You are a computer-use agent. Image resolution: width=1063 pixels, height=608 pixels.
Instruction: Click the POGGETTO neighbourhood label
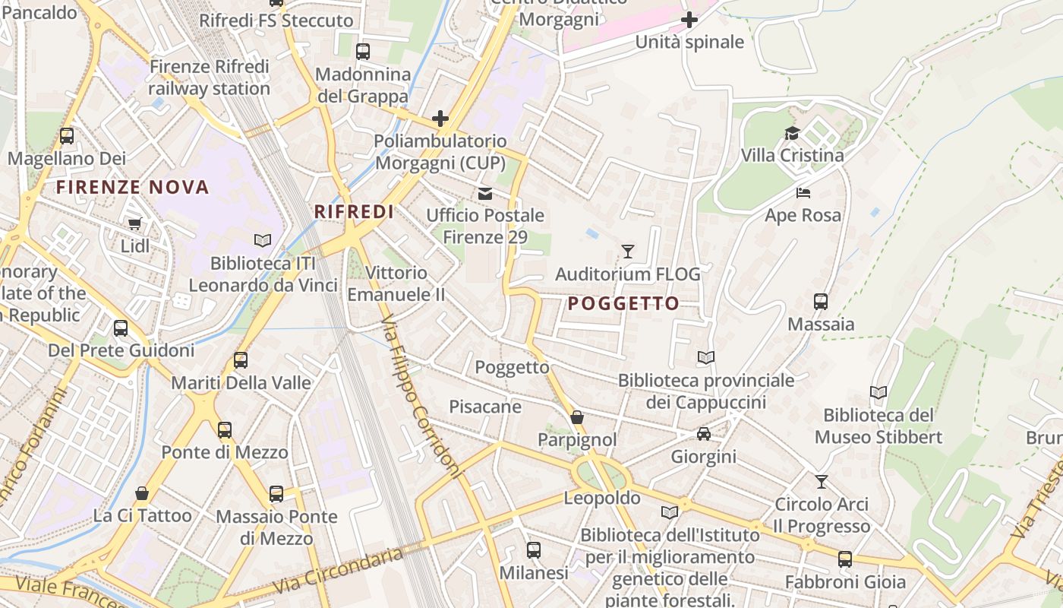624,304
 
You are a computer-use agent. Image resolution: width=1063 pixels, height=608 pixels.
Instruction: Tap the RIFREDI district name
354,212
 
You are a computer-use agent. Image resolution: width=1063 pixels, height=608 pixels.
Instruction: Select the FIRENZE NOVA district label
133,187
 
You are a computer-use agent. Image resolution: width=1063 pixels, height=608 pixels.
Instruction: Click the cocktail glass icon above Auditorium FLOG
627,251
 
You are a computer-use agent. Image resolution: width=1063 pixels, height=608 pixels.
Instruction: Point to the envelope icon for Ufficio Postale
484,193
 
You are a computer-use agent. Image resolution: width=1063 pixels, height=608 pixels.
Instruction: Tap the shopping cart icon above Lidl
134,223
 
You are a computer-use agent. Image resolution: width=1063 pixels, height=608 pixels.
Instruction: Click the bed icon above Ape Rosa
803,193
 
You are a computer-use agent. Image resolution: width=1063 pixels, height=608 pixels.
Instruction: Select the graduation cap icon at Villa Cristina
792,134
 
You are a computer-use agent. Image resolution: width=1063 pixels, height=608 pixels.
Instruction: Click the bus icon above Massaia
821,302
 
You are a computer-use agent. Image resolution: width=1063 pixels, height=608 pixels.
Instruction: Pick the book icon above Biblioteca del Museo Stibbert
878,393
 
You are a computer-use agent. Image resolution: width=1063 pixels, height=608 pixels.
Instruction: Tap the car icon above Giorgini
704,434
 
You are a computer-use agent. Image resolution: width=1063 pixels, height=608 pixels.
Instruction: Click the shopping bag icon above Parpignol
577,417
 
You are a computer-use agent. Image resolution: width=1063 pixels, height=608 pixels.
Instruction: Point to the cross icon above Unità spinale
689,20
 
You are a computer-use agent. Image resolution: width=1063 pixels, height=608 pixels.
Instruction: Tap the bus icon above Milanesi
534,549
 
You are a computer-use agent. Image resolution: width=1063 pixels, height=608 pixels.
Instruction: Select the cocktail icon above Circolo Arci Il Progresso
821,481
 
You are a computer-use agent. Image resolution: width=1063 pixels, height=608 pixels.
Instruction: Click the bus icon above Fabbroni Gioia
845,559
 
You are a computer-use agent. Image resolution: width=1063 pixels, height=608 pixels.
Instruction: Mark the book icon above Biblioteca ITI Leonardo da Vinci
263,240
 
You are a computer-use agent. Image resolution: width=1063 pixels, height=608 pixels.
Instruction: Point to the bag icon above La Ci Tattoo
142,493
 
